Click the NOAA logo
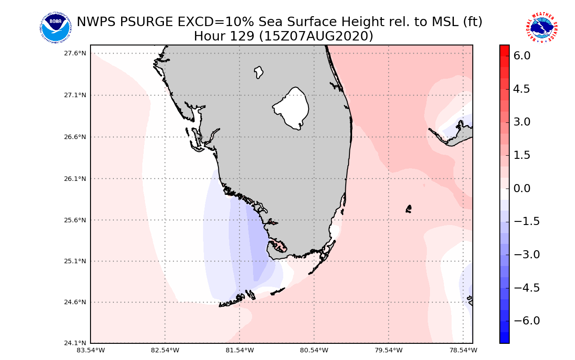click(x=55, y=27)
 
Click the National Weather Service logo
click(x=541, y=27)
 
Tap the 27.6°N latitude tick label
click(x=75, y=53)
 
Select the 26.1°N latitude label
click(x=75, y=179)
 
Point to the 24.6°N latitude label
click(x=75, y=302)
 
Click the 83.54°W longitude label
click(x=91, y=350)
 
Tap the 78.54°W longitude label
click(x=463, y=350)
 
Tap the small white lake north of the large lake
click(x=258, y=72)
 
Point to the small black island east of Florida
click(x=408, y=209)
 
